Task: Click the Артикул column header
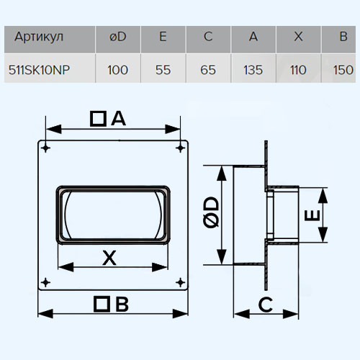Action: [39, 37]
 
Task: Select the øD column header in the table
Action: [118, 37]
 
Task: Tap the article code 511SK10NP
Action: [39, 70]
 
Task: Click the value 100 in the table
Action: [117, 70]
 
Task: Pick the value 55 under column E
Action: [163, 70]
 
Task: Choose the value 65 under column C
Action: [208, 70]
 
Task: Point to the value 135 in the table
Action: [253, 70]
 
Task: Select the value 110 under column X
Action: [298, 70]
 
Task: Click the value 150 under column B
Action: [343, 70]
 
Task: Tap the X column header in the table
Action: [298, 37]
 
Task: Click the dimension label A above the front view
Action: [119, 119]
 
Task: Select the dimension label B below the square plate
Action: [122, 305]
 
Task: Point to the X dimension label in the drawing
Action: [109, 258]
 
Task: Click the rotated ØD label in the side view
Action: [211, 212]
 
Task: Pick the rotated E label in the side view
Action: [312, 215]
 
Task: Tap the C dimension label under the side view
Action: [266, 305]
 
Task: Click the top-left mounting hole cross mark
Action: [45, 148]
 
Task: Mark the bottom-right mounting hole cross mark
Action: [180, 282]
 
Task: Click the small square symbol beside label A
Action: [98, 119]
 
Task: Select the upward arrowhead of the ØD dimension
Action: [222, 174]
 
